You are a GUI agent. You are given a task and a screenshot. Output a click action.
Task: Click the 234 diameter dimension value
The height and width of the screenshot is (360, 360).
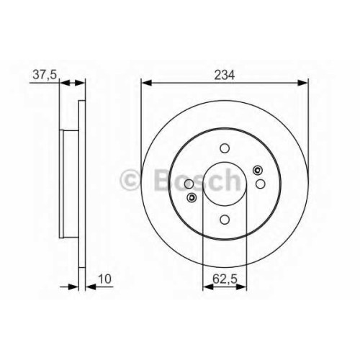[225, 75]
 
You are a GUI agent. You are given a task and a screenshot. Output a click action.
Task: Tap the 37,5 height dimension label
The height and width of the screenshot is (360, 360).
[45, 75]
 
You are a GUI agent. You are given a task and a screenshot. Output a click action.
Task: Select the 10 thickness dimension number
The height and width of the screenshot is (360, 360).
[105, 279]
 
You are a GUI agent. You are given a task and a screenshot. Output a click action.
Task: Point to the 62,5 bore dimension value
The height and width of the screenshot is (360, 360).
[225, 279]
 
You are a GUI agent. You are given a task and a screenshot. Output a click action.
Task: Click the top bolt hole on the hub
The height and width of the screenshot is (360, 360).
[225, 148]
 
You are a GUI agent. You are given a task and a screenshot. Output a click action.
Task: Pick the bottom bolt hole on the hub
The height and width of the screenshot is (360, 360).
[225, 220]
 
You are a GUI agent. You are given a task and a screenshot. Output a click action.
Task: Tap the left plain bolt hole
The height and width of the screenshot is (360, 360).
[189, 184]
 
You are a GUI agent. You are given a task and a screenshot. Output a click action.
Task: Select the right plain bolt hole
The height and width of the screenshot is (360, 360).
[261, 184]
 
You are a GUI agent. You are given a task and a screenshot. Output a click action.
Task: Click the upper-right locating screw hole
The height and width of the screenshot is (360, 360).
[258, 171]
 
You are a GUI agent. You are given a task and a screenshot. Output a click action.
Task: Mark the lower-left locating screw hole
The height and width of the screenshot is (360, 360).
[192, 198]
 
